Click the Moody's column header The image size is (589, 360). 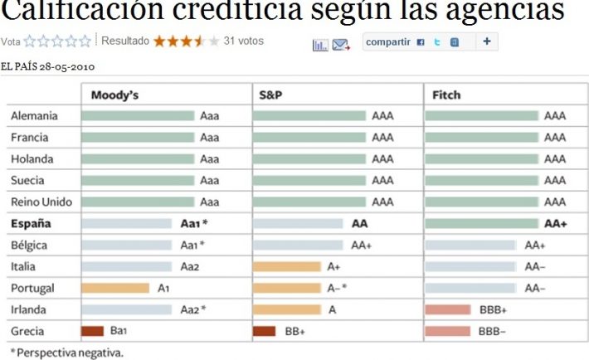point(114,95)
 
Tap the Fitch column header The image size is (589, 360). point(446,95)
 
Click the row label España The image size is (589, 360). point(31,224)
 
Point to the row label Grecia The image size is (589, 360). point(28,331)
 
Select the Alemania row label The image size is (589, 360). point(34,116)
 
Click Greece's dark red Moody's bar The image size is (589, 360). point(92,331)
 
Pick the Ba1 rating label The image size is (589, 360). point(119,331)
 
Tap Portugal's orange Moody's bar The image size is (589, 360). point(115,288)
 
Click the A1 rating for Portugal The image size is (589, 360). point(164,288)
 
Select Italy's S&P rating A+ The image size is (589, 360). point(333,266)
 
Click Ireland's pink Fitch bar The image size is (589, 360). point(447,309)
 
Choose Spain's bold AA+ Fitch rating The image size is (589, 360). point(555,224)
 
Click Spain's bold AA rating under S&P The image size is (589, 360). point(359,224)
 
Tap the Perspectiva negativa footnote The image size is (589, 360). point(66,353)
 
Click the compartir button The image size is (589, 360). point(388,41)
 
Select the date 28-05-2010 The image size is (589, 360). point(70,66)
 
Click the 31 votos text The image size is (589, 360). point(244,41)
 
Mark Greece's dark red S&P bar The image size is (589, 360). point(264,331)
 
